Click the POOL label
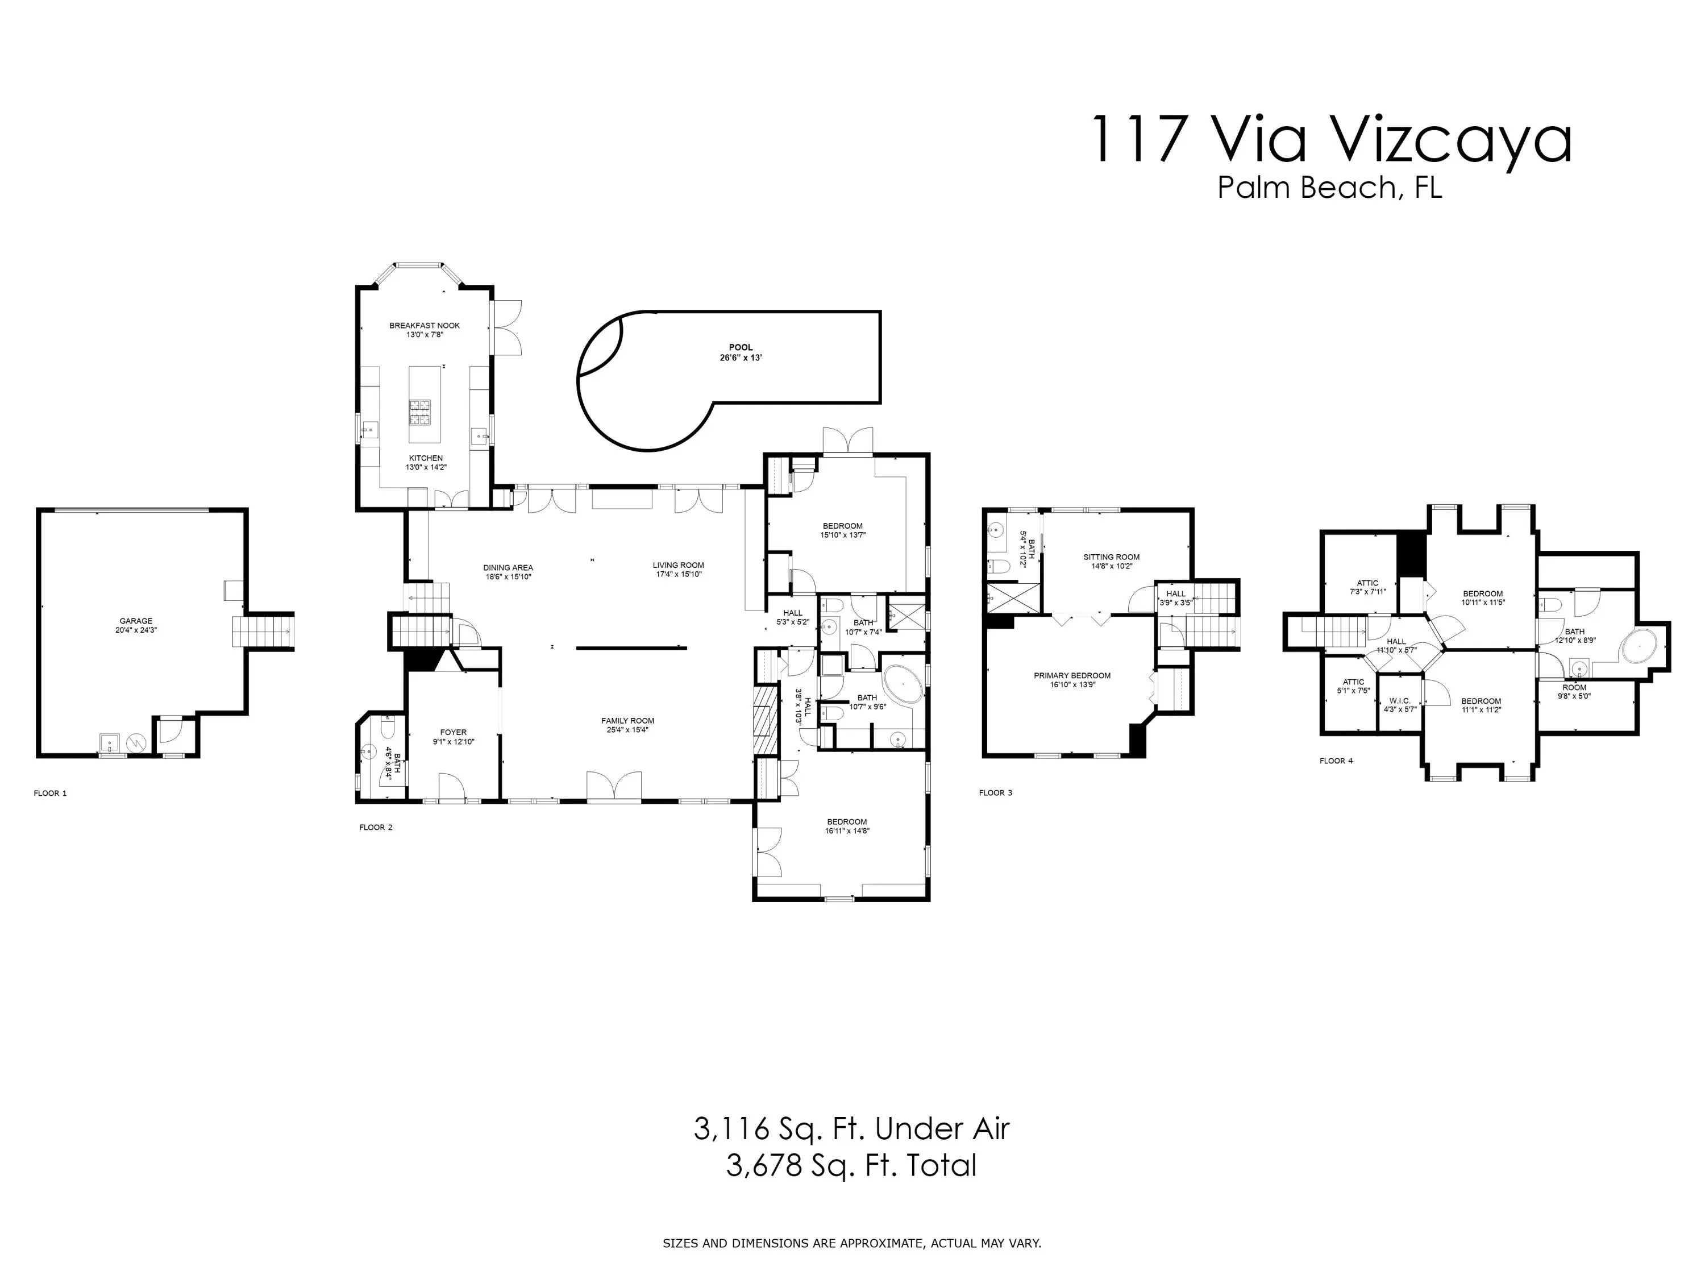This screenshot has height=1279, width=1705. click(x=741, y=348)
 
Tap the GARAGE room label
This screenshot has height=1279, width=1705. click(x=136, y=621)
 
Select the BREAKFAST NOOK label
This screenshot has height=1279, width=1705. click(x=425, y=325)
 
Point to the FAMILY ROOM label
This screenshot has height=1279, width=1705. click(x=628, y=721)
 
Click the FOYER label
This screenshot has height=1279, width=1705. click(x=453, y=732)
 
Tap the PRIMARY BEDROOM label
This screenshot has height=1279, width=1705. click(x=1072, y=675)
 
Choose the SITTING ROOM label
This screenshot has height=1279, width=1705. click(x=1112, y=557)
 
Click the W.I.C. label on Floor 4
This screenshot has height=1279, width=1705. click(x=1400, y=701)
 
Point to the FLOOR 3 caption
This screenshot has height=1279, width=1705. click(x=996, y=792)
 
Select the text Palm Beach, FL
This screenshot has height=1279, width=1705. click(x=1330, y=188)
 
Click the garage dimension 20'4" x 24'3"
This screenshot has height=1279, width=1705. click(x=136, y=630)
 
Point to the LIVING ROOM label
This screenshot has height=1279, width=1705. click(x=678, y=565)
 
